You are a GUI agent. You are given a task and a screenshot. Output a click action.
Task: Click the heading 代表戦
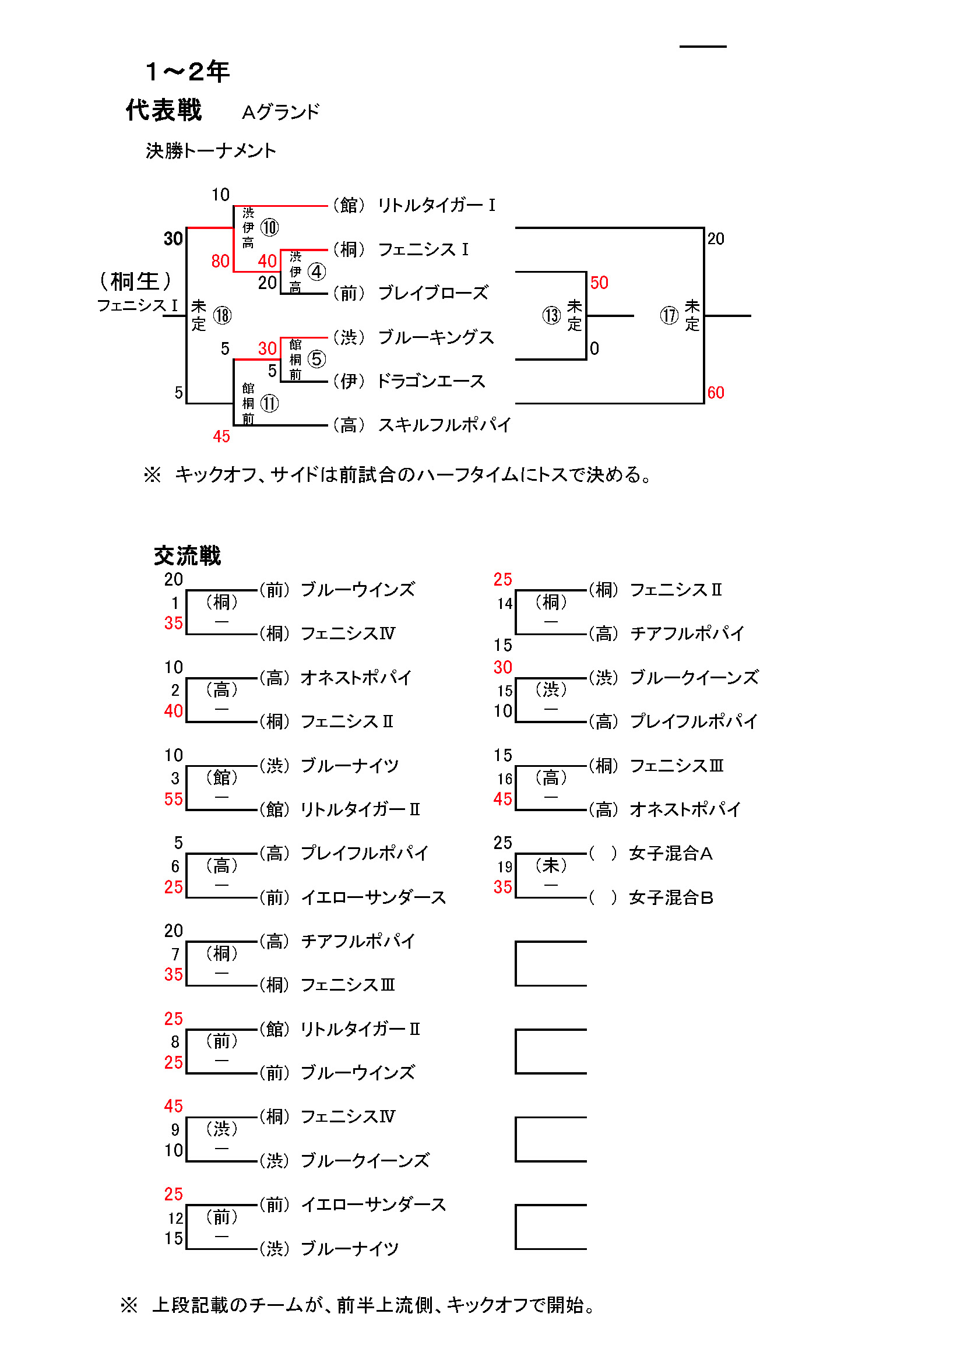pyautogui.click(x=164, y=110)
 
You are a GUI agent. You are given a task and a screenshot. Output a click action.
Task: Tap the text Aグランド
pyautogui.click(x=280, y=112)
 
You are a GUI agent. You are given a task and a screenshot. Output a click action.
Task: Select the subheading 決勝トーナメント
pyautogui.click(x=211, y=151)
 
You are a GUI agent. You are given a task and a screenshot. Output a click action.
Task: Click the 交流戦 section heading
pyautogui.click(x=187, y=556)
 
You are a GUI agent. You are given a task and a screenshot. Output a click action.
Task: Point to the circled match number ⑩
pyautogui.click(x=269, y=227)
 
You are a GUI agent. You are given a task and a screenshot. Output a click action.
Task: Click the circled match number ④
pyautogui.click(x=316, y=272)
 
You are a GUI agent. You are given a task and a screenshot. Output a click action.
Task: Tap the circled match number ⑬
pyautogui.click(x=551, y=315)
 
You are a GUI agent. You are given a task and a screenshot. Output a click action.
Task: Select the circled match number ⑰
pyautogui.click(x=669, y=315)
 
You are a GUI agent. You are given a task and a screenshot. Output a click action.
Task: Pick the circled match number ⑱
pyautogui.click(x=222, y=315)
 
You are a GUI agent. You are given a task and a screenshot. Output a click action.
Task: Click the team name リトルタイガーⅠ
pyautogui.click(x=437, y=205)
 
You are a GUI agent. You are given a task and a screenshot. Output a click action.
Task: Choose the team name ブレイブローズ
pyautogui.click(x=432, y=293)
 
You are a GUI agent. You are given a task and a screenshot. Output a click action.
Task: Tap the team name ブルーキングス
pyautogui.click(x=436, y=337)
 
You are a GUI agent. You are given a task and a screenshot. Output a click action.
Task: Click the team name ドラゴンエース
pyautogui.click(x=431, y=381)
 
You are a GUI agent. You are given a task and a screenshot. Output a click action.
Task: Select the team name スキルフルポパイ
pyautogui.click(x=444, y=425)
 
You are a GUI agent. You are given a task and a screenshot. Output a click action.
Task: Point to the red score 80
pyautogui.click(x=220, y=261)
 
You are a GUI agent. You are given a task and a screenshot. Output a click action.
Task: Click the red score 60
pyautogui.click(x=715, y=392)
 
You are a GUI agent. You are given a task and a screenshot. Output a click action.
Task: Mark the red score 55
pyautogui.click(x=173, y=799)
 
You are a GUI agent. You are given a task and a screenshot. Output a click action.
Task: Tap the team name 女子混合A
pyautogui.click(x=671, y=854)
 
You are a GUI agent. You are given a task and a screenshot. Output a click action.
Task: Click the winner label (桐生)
pyautogui.click(x=135, y=281)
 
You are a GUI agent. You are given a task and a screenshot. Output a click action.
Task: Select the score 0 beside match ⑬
pyautogui.click(x=594, y=348)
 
